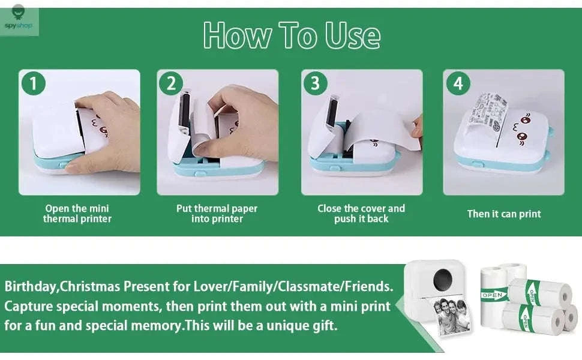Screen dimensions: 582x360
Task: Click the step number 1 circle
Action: pyautogui.click(x=34, y=83)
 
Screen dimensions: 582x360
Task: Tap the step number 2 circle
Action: pyautogui.click(x=171, y=83)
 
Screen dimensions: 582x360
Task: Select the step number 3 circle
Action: pyautogui.click(x=315, y=83)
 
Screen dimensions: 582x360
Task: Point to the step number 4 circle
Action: pyautogui.click(x=458, y=83)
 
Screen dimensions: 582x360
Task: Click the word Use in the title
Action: pyautogui.click(x=353, y=35)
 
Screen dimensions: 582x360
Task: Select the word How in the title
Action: pyautogui.click(x=237, y=35)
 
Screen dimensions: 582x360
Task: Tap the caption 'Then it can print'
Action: pyautogui.click(x=503, y=214)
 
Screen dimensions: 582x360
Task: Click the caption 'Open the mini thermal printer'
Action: pyautogui.click(x=77, y=214)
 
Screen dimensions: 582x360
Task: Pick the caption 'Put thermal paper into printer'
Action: pyautogui.click(x=217, y=214)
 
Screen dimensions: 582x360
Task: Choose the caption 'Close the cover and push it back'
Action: pyautogui.click(x=361, y=214)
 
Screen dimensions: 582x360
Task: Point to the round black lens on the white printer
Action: pyautogui.click(x=443, y=278)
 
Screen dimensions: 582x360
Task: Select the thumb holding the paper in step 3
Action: pyautogui.click(x=418, y=127)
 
